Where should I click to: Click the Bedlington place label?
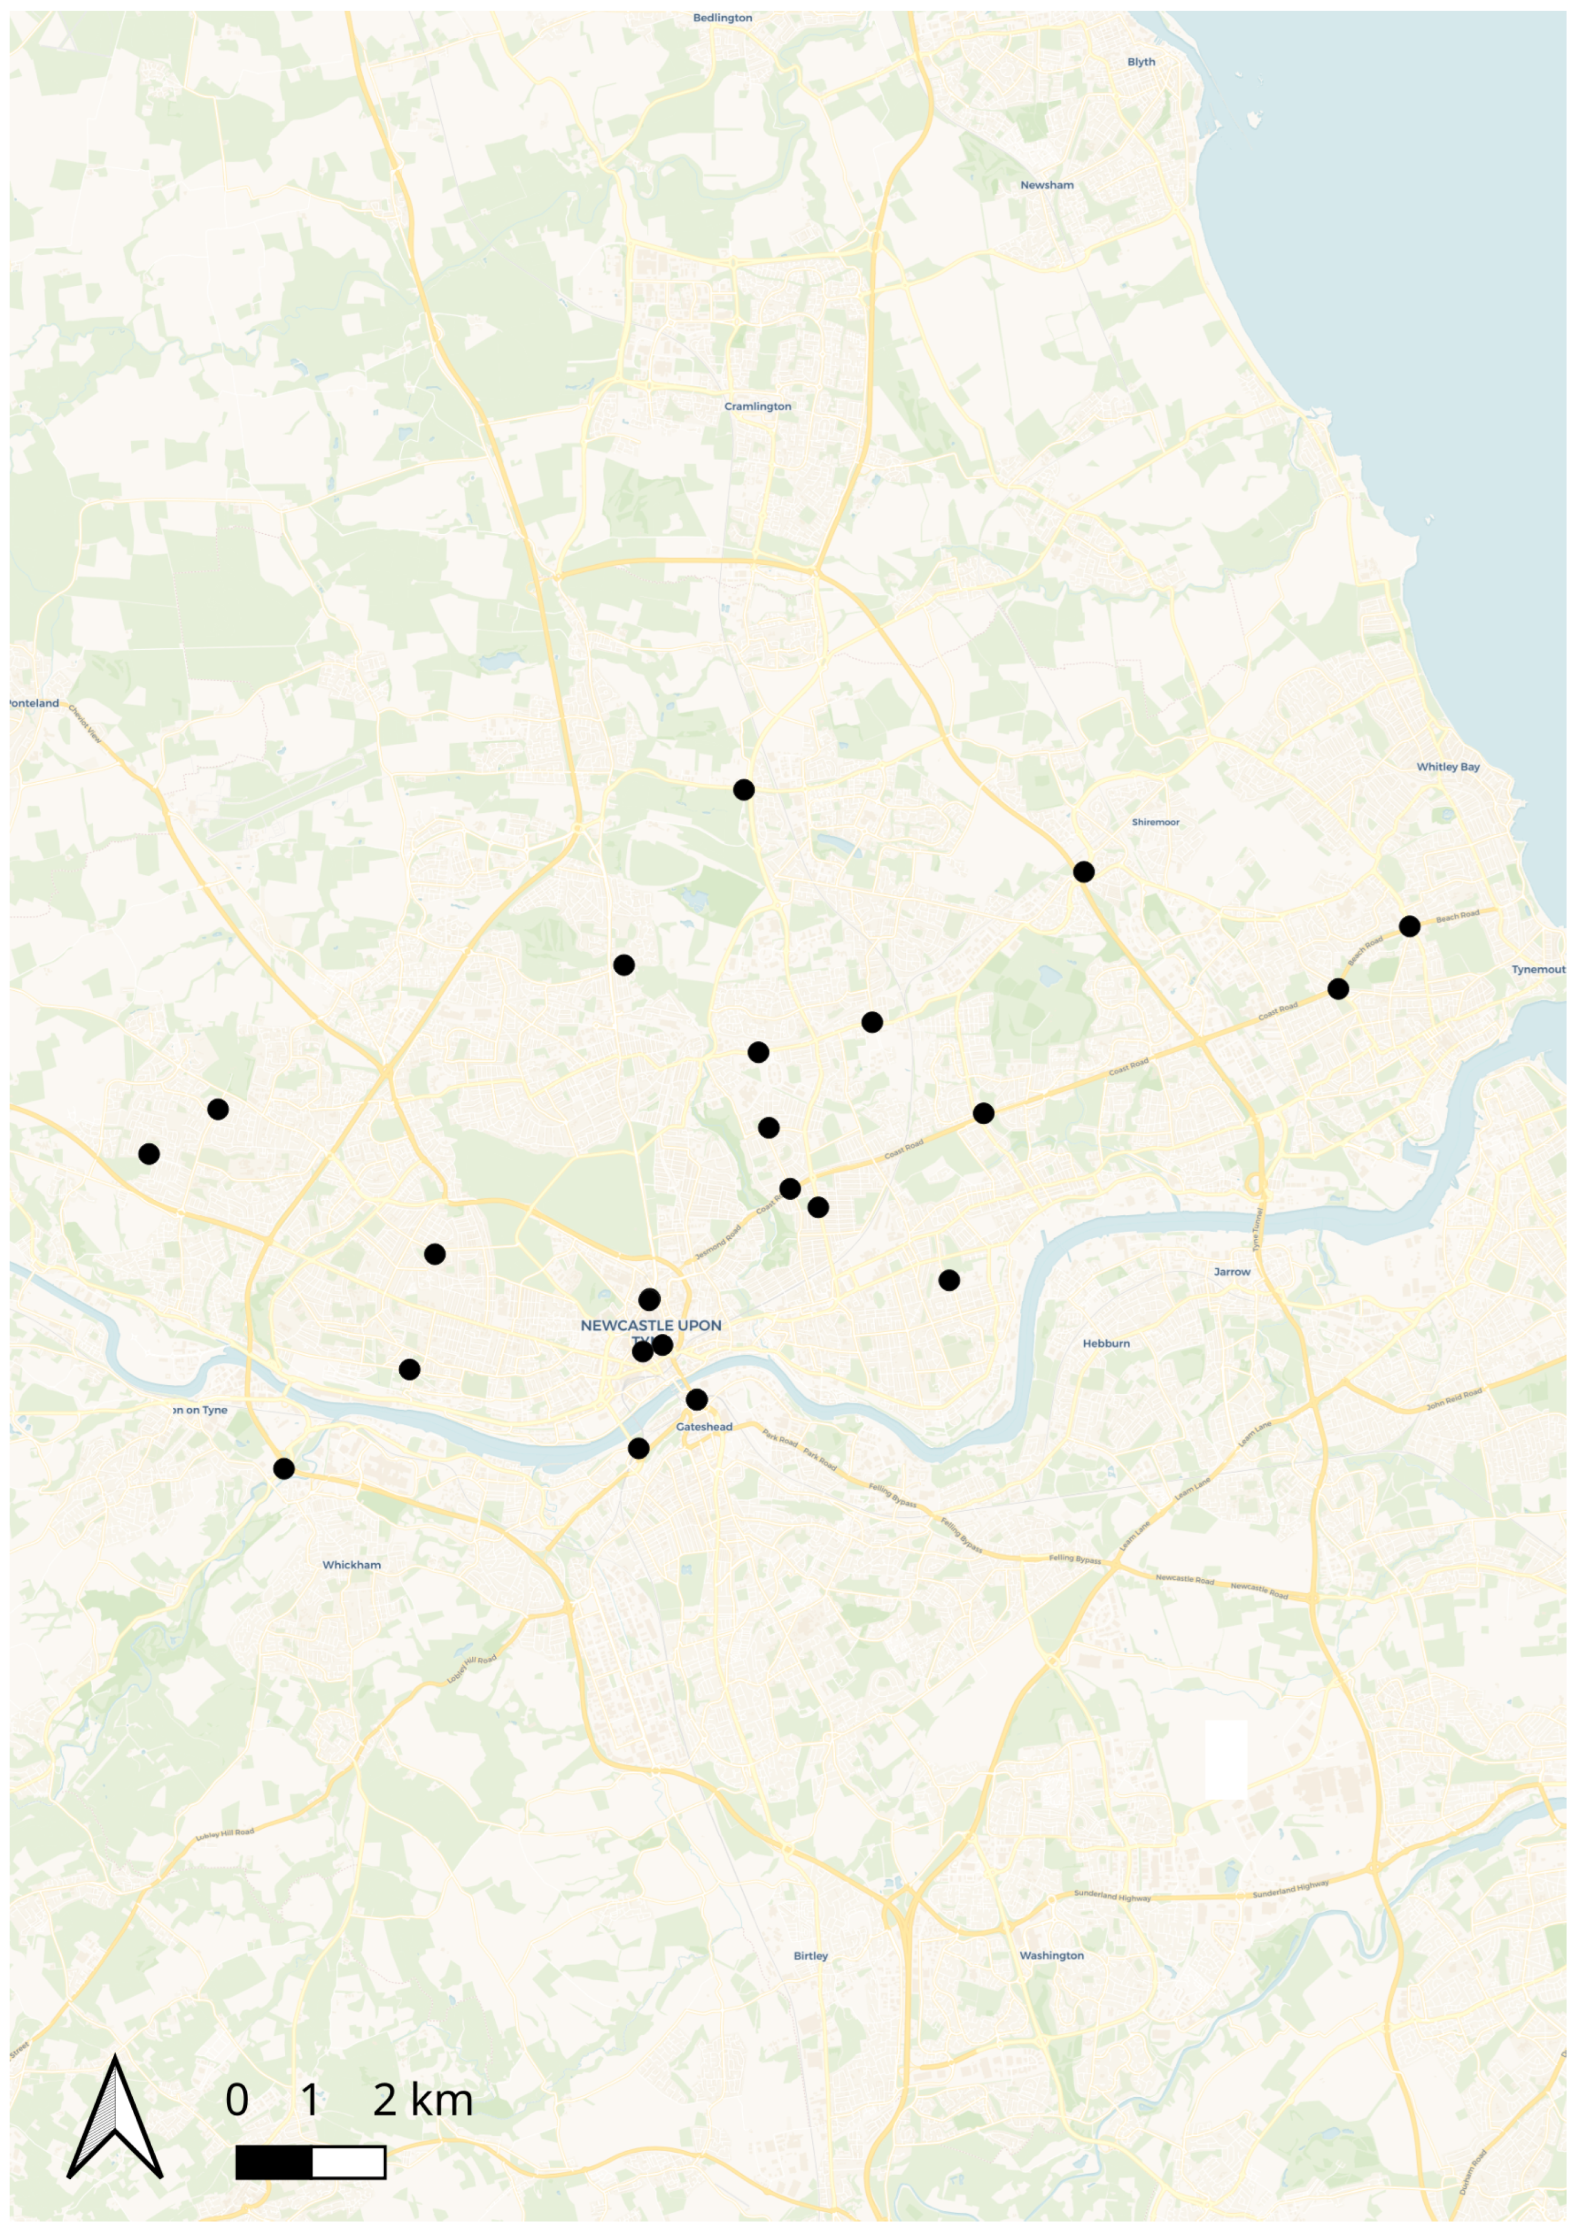pos(722,18)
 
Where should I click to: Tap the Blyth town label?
pos(1141,62)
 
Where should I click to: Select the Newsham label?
pos(1047,186)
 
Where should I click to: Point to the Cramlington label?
pos(758,406)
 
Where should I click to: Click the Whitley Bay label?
pos(1448,767)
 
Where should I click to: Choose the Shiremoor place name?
pos(1155,823)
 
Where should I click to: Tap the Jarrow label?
pos(1232,1272)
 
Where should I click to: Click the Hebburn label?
pos(1107,1344)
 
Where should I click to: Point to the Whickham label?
pos(352,1565)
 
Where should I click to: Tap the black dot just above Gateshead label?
pos(696,1400)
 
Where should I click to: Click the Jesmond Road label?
pos(717,1244)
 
